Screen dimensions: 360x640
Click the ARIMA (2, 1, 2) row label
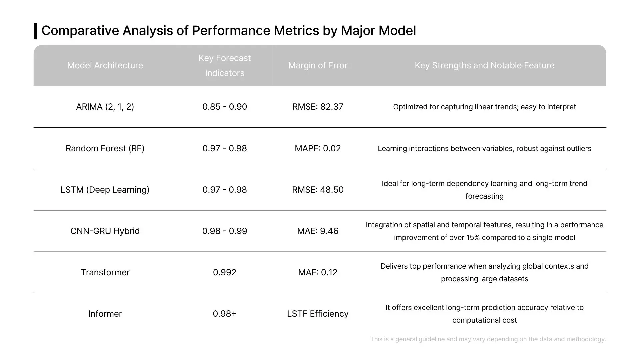point(105,107)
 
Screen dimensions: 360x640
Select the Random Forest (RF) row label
point(105,148)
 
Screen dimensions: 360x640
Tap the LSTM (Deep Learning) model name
point(105,190)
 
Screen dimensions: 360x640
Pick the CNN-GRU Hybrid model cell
point(105,231)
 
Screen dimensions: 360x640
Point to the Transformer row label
point(105,272)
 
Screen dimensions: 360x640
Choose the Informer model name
point(105,314)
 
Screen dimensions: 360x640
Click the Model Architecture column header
point(105,65)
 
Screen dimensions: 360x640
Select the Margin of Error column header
point(318,65)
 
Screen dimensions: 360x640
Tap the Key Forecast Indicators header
point(225,65)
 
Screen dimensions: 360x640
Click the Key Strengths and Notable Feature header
point(484,65)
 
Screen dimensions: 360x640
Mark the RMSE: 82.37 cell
point(318,107)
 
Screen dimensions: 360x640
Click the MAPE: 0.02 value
point(318,148)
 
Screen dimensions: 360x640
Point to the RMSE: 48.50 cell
point(318,190)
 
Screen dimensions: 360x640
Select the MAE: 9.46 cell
point(318,231)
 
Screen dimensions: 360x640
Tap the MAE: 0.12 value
point(318,272)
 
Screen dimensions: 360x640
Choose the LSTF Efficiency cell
point(318,314)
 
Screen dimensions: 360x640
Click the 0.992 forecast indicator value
point(225,272)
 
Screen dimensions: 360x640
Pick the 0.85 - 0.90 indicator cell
point(225,107)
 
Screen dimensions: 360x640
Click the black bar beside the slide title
point(35,31)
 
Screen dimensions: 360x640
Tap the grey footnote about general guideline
point(488,339)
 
